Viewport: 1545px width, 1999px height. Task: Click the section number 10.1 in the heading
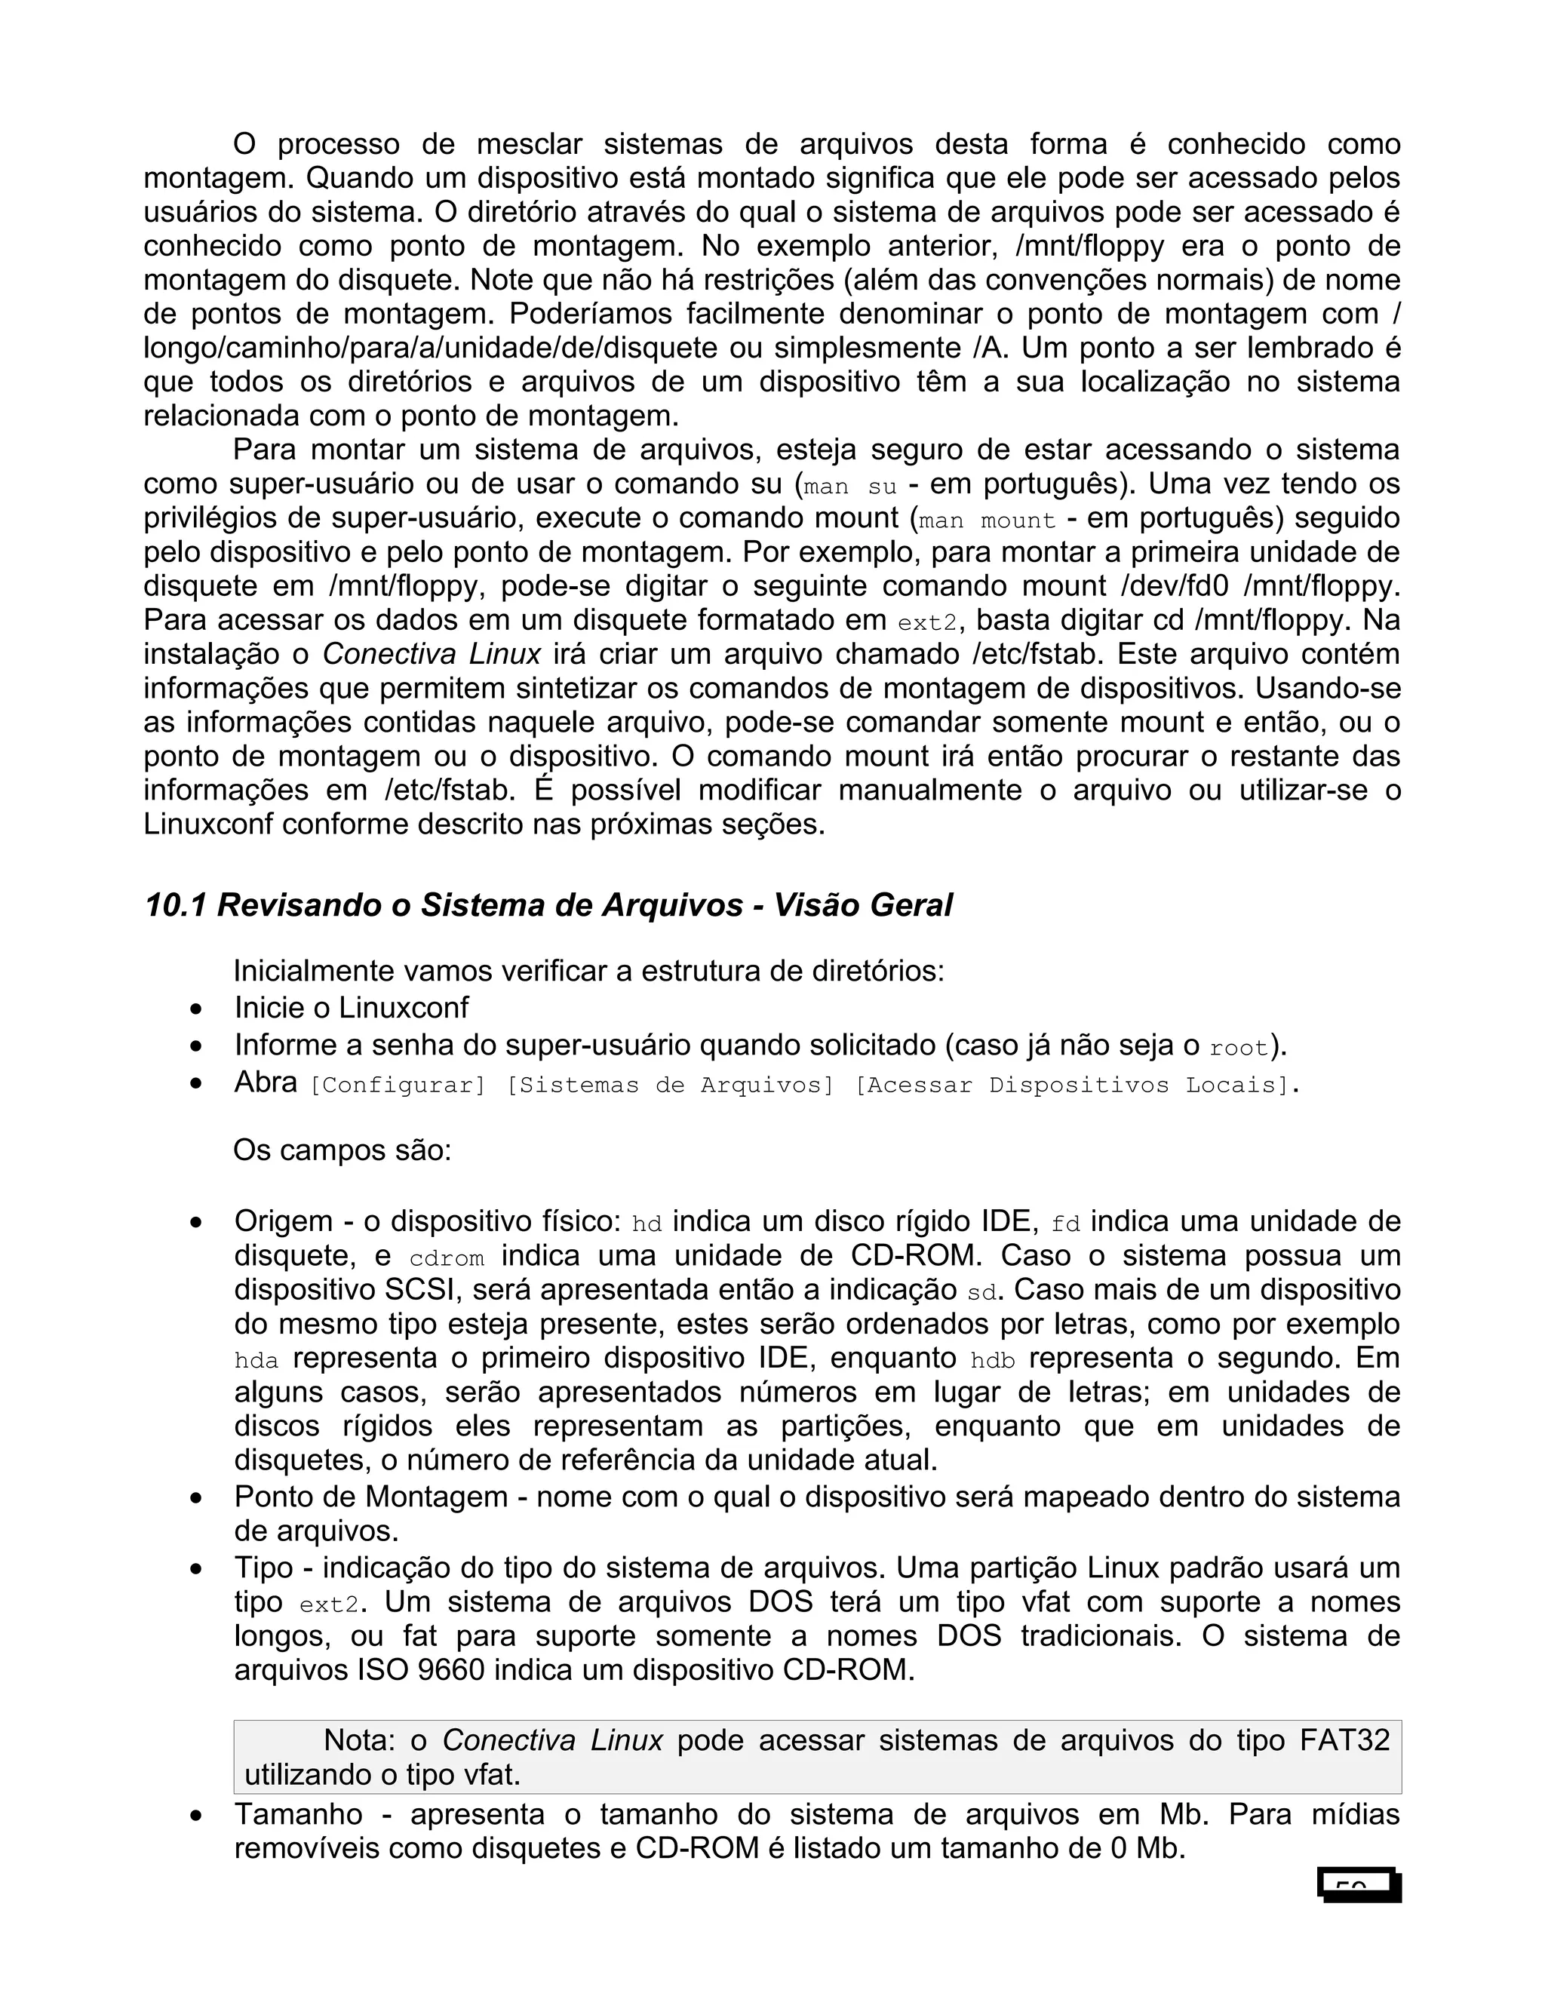coord(175,905)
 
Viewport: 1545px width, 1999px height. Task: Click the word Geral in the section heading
coord(910,905)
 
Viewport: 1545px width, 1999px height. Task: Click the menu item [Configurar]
coord(398,1085)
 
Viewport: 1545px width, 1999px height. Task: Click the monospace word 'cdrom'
coord(447,1258)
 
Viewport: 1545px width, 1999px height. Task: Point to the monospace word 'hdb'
coord(992,1361)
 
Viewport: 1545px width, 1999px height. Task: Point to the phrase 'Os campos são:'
coord(342,1150)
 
